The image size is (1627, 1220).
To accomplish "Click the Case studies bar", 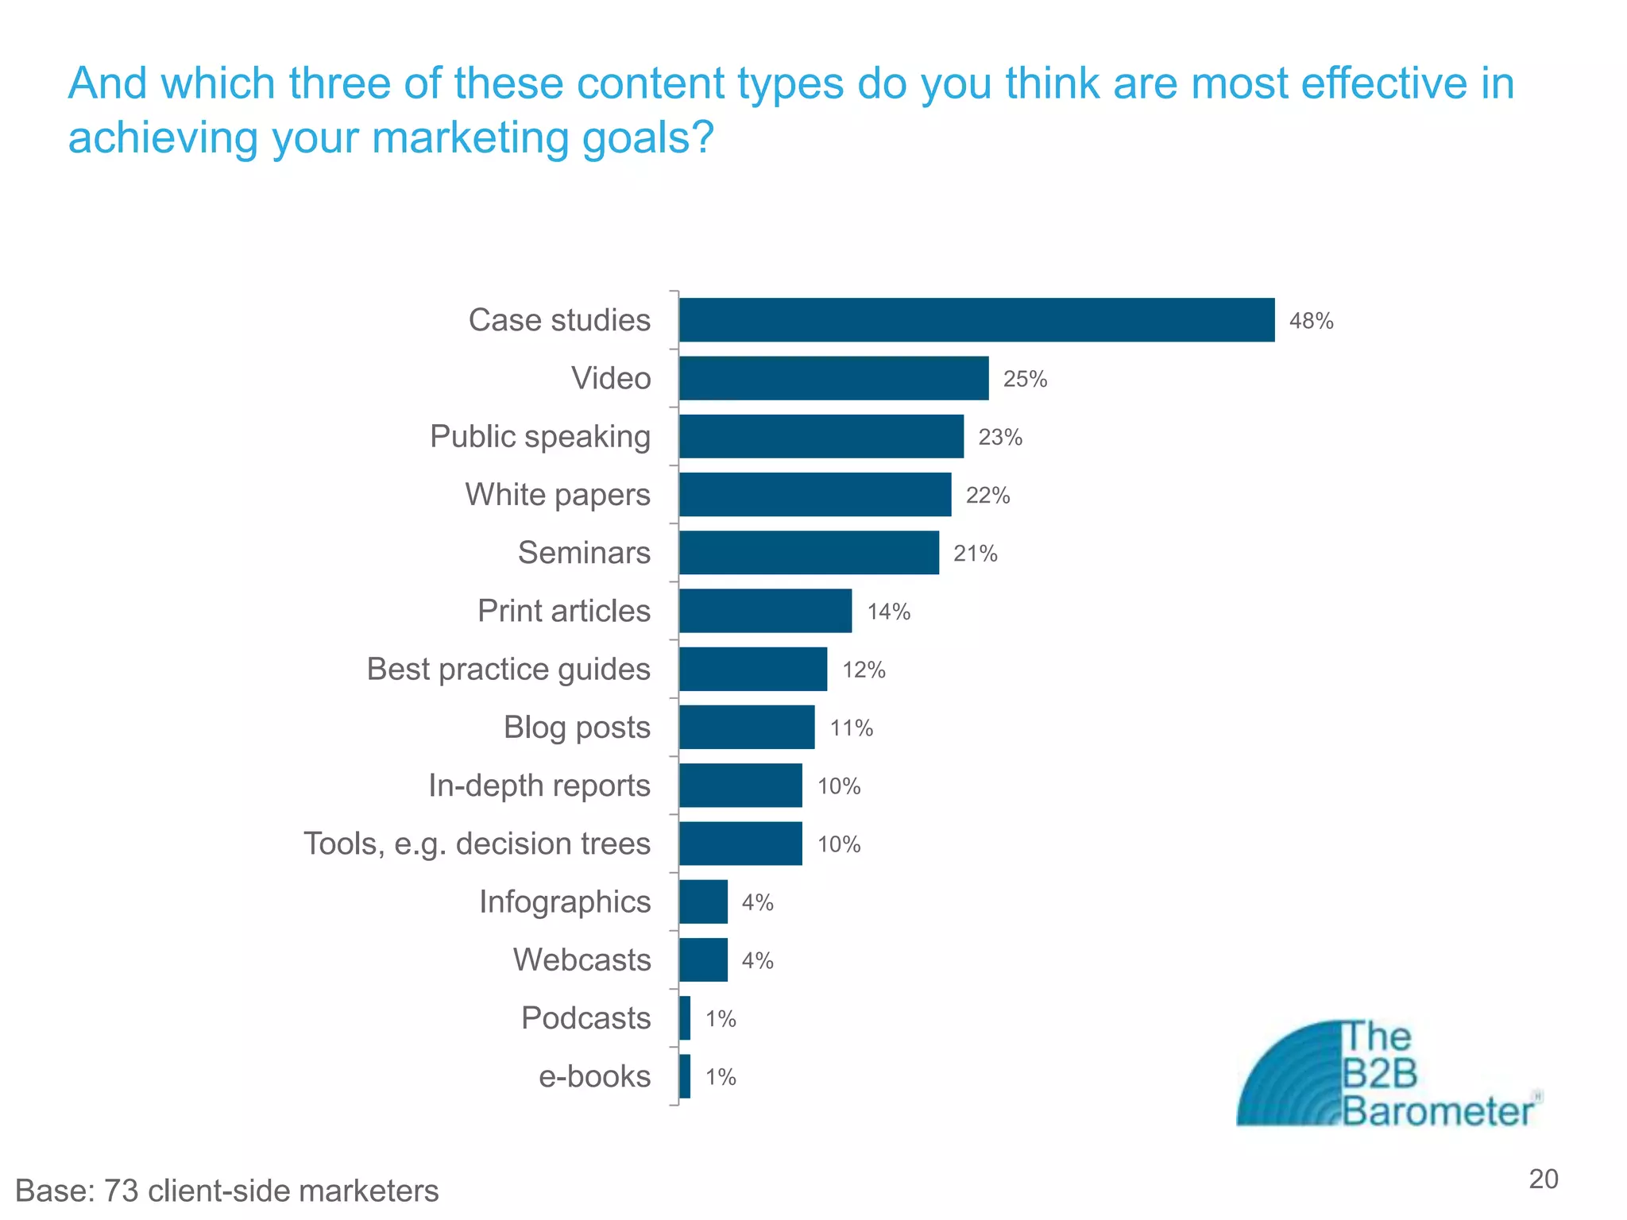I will click(x=976, y=320).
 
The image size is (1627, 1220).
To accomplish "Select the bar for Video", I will click(x=833, y=378).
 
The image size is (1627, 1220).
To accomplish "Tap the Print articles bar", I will click(x=765, y=611).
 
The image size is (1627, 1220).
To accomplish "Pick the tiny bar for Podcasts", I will click(x=685, y=1018).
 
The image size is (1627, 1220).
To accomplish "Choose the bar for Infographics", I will click(x=703, y=901).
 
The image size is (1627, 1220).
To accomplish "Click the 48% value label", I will click(x=1311, y=321).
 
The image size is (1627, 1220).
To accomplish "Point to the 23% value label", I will click(x=999, y=438).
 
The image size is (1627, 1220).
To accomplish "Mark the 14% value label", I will click(x=888, y=612).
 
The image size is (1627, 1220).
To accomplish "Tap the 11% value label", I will click(x=851, y=728).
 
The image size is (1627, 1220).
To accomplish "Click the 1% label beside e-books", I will click(x=721, y=1077).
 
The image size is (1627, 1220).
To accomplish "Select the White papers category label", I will click(x=557, y=495).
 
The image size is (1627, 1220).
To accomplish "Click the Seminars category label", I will click(x=584, y=553).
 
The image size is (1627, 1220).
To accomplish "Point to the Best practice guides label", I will click(x=508, y=670).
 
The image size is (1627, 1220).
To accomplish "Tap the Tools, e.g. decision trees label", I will click(x=477, y=844).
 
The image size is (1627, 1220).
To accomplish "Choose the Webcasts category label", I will click(x=582, y=960).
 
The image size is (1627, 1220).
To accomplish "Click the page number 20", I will click(x=1543, y=1179).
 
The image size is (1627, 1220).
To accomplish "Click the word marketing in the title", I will click(x=470, y=137).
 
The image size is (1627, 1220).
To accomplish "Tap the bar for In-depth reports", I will click(x=740, y=786).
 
